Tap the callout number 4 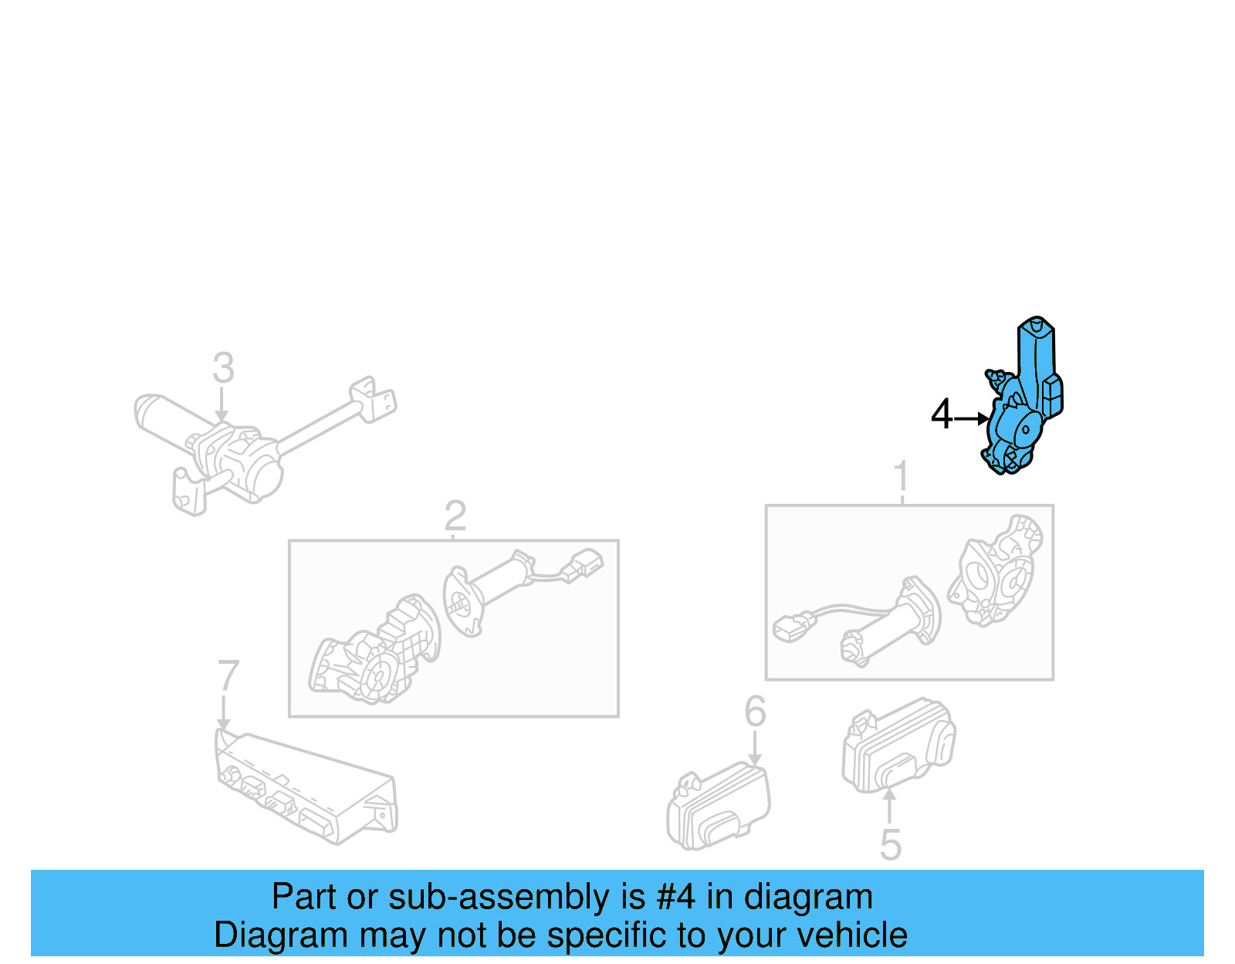point(941,415)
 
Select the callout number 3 point(223,368)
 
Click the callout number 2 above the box point(455,516)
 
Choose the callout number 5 point(890,845)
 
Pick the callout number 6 point(755,711)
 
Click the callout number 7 point(228,676)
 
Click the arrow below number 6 point(755,749)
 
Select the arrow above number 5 point(889,807)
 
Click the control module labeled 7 point(305,787)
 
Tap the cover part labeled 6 point(718,807)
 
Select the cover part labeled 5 point(898,746)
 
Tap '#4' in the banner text point(675,898)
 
